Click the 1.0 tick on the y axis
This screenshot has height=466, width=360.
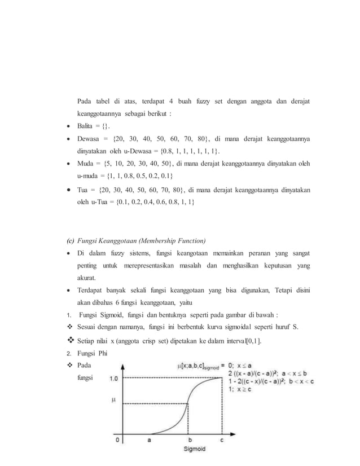113,379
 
